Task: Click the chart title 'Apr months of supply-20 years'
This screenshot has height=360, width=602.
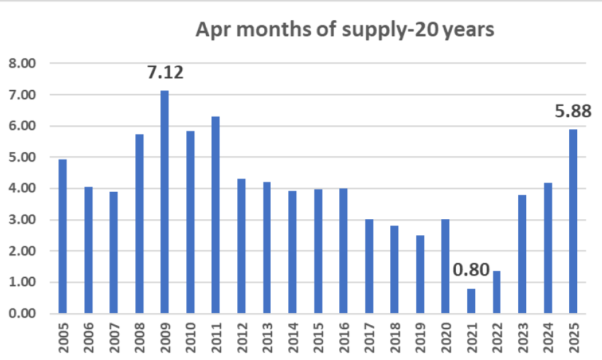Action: pos(344,31)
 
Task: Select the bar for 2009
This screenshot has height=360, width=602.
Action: pos(165,202)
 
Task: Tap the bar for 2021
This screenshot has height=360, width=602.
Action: pos(471,301)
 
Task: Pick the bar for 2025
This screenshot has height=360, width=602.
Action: pos(573,221)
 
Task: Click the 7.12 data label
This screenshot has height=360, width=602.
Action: pos(165,72)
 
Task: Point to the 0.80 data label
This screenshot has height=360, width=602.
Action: pos(471,271)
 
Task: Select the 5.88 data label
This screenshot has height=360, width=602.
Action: pos(573,111)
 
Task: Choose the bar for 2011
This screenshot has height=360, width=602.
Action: pos(216,215)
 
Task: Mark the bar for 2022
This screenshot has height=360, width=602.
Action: pos(497,292)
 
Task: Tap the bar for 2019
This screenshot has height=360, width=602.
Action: pos(420,274)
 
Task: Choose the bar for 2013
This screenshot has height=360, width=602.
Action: pos(267,247)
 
